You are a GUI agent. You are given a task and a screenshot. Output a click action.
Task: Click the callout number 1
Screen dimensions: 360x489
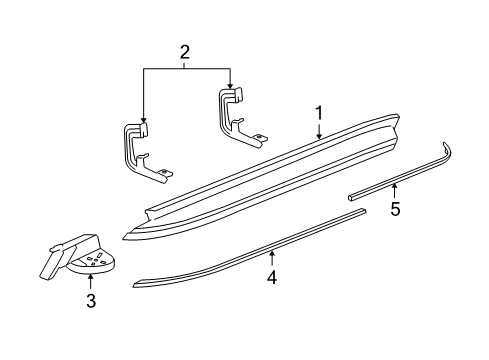[318, 114]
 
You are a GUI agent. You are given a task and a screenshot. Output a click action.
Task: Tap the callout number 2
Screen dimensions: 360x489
[184, 52]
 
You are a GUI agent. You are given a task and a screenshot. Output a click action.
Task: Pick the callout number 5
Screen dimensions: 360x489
[395, 209]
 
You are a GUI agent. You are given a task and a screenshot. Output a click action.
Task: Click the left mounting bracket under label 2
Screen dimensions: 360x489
[143, 150]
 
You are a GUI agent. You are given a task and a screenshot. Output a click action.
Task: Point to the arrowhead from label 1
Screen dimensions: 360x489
[318, 136]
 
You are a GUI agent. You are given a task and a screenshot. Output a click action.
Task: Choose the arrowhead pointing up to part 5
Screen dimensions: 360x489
[395, 185]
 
